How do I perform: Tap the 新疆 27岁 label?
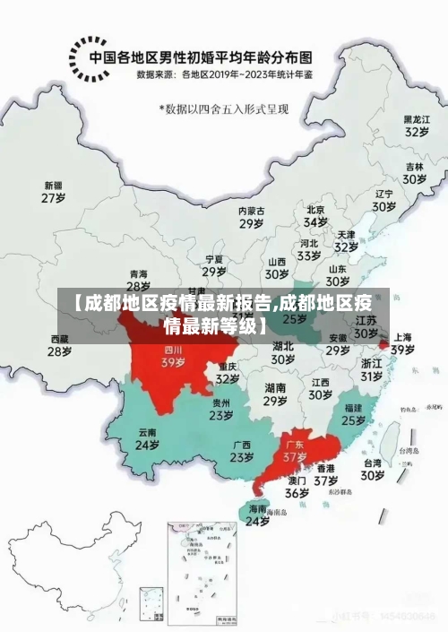[54, 192]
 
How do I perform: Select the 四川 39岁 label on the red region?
[173, 357]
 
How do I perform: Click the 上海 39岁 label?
[402, 343]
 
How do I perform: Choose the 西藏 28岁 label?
[59, 345]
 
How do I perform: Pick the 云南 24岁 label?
[147, 438]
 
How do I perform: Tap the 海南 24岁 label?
[257, 515]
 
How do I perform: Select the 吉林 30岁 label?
[413, 173]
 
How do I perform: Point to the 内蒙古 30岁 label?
[251, 217]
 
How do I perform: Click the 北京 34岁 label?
[315, 215]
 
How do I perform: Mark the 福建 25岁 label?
[353, 413]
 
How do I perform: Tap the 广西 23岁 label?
[241, 451]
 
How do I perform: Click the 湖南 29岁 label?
[275, 394]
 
